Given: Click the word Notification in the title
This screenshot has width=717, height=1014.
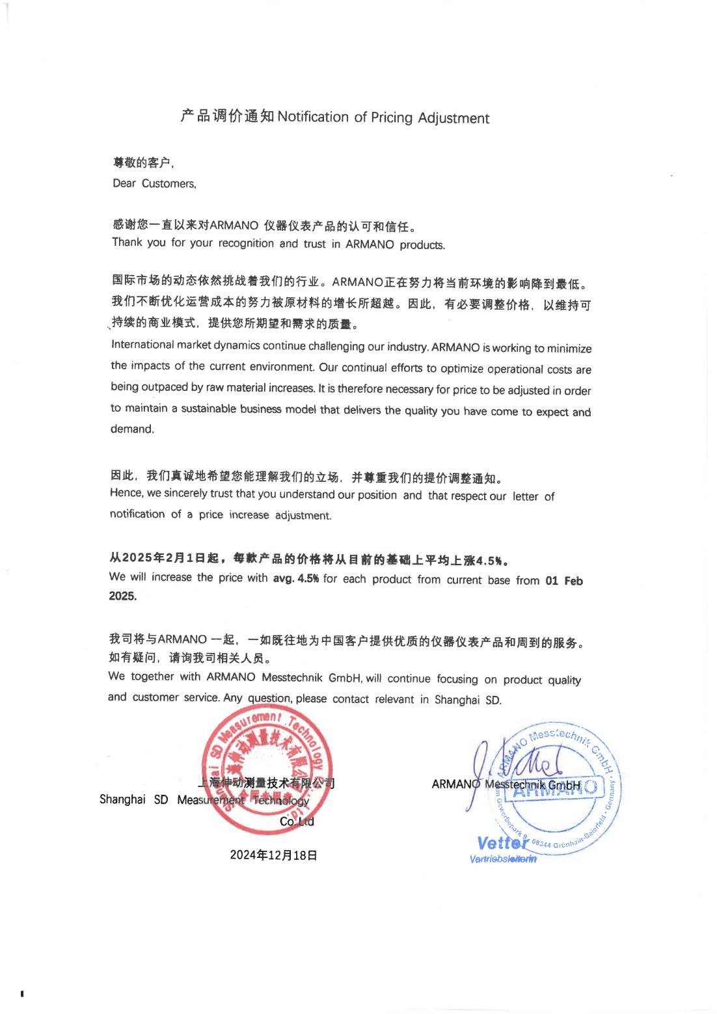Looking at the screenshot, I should tap(313, 117).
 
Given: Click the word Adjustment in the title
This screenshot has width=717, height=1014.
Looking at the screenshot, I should tap(453, 118).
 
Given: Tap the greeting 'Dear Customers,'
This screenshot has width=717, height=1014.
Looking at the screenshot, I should tap(154, 183).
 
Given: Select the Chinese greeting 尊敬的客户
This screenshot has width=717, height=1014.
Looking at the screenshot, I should tap(142, 163).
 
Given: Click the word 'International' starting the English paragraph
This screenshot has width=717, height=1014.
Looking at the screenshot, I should tap(142, 345).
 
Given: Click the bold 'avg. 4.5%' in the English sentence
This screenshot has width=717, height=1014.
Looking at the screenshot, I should tap(295, 578).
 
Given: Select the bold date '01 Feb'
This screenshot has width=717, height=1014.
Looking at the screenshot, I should tap(564, 581).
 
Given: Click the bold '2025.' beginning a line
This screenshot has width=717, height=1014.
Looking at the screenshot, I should tap(122, 596).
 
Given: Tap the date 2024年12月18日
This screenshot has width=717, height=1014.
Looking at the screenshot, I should tap(273, 855).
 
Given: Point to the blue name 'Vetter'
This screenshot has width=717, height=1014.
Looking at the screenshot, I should tap(502, 844).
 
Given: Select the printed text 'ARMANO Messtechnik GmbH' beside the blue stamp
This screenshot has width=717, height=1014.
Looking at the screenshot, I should tap(506, 784).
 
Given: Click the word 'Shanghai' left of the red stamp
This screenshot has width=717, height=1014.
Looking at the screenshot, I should tap(122, 799).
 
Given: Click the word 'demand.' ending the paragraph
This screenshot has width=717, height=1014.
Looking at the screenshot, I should tap(132, 429).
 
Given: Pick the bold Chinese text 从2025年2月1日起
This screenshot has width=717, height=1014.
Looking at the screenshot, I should tap(163, 557).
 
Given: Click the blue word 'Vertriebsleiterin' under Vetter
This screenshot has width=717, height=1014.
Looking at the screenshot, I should tap(503, 859).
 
